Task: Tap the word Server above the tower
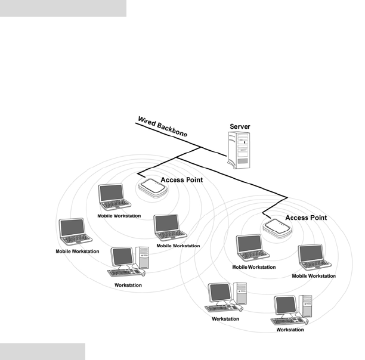[240, 128]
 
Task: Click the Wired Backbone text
[162, 128]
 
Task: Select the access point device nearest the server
[153, 187]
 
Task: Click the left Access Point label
[182, 179]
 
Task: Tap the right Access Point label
[306, 218]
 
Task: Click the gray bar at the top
[63, 8]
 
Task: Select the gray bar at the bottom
[42, 351]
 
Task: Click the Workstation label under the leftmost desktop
[128, 285]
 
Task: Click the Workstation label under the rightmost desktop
[290, 330]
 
